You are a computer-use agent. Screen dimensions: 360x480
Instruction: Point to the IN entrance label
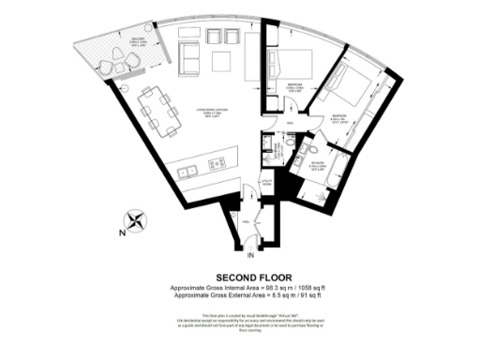(x=250, y=255)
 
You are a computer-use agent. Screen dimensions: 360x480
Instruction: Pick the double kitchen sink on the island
(x=188, y=170)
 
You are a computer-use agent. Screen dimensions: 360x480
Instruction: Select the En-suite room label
(x=320, y=167)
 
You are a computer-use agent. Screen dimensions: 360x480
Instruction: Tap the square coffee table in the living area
(x=223, y=61)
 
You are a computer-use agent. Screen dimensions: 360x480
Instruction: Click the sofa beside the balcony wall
(x=187, y=59)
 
